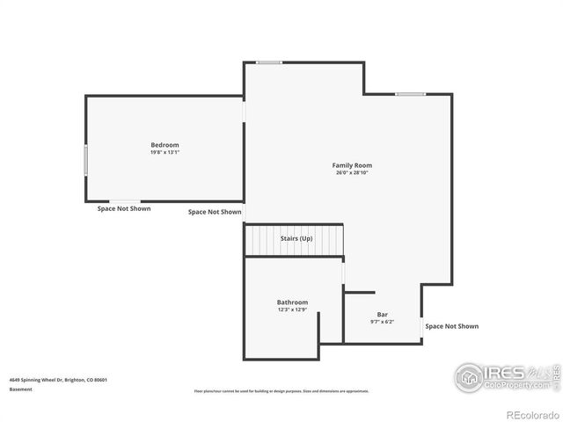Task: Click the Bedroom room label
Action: (x=165, y=145)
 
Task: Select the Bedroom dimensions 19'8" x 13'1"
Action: (x=165, y=152)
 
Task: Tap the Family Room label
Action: (x=352, y=165)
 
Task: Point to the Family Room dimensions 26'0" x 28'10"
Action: (x=352, y=173)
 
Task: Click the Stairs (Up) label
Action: (x=296, y=238)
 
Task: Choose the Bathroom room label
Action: (x=292, y=302)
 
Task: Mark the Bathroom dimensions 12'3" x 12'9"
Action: (x=292, y=309)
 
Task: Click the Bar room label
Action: (x=383, y=314)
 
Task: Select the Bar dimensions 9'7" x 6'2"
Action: (x=383, y=322)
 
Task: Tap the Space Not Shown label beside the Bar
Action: (x=451, y=326)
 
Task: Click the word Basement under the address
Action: (x=22, y=389)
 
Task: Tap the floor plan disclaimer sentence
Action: (x=281, y=391)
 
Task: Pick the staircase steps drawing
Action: (x=294, y=240)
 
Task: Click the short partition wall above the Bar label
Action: (x=359, y=292)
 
